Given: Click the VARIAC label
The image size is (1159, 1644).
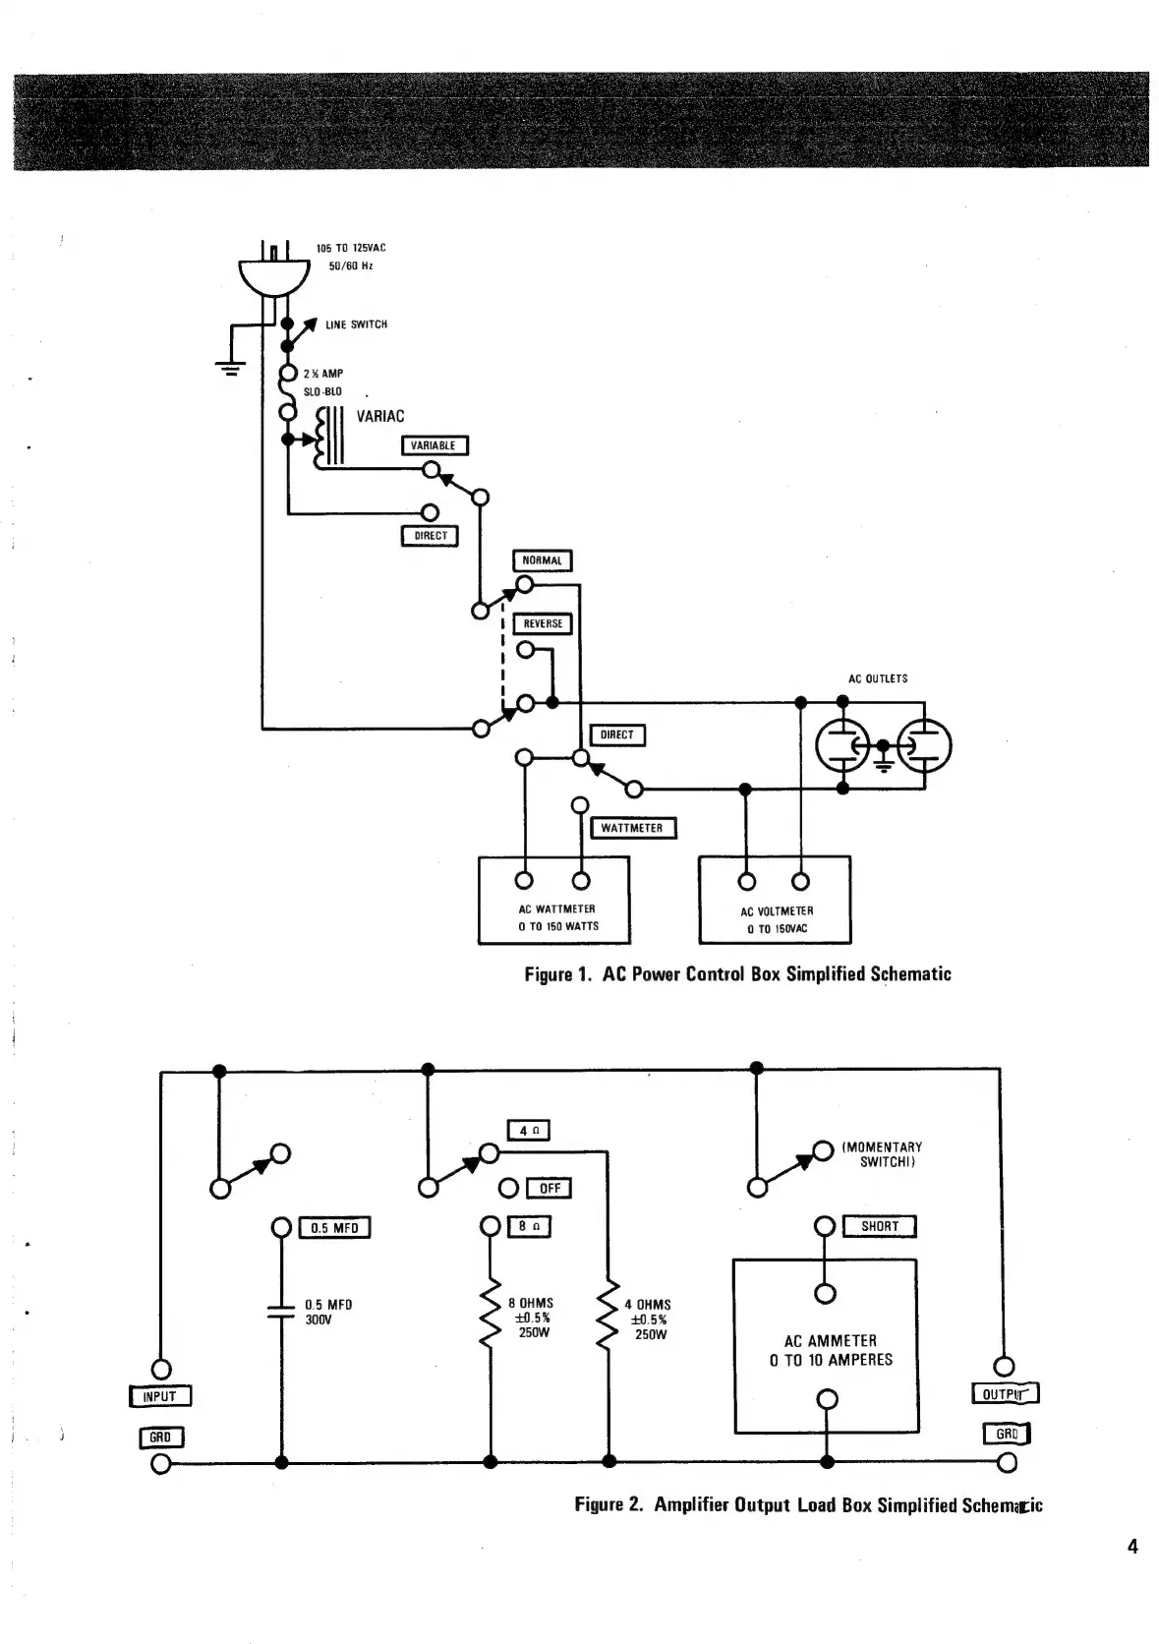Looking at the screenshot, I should (379, 416).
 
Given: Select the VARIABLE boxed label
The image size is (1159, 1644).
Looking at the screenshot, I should (434, 445).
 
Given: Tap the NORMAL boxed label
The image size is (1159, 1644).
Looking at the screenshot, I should (542, 560).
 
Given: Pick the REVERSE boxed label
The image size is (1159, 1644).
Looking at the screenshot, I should (543, 623).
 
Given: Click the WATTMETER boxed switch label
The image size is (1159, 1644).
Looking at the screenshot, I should (632, 828).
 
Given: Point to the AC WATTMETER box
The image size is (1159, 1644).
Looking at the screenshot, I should (554, 900).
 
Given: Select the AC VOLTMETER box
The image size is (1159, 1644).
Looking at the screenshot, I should (776, 900).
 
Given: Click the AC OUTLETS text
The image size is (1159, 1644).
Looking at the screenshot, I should (878, 678).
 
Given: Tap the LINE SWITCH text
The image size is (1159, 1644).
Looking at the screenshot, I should (356, 324).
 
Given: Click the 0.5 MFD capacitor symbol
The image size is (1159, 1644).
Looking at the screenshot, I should (282, 1310).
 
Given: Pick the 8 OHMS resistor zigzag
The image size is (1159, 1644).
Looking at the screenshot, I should (490, 1318).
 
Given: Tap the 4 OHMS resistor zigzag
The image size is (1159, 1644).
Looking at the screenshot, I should (609, 1318).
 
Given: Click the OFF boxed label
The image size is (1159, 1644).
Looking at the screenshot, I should (550, 1188).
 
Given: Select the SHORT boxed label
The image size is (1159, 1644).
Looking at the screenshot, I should (879, 1226).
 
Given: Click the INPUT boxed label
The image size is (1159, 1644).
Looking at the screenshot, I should (159, 1396).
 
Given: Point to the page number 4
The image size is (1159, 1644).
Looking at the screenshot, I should (1132, 1547).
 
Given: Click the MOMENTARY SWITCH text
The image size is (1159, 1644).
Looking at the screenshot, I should (883, 1154).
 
